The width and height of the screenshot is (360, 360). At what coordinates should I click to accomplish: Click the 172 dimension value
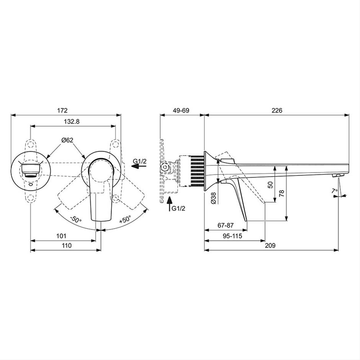62,110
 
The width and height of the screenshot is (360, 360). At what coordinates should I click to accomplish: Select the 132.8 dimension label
72,121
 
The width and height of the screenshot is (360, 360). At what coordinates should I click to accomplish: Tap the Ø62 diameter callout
67,140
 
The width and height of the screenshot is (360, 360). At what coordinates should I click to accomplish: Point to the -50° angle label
76,219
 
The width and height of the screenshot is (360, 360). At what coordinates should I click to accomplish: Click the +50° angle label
125,219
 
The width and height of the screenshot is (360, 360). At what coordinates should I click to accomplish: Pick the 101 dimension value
61,236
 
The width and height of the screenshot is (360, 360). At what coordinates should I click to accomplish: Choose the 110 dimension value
67,245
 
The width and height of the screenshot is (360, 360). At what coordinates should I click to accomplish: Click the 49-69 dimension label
181,110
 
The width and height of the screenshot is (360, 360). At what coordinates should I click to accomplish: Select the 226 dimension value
277,110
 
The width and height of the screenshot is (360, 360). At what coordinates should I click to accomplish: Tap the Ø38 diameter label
213,198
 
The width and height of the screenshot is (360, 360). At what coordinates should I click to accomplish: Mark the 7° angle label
335,191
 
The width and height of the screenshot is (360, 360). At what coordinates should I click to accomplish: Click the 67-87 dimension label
226,225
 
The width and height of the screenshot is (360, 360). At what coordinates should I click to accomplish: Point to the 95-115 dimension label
232,236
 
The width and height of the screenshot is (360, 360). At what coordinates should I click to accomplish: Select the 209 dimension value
270,245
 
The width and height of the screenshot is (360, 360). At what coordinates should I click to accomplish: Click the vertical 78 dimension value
282,193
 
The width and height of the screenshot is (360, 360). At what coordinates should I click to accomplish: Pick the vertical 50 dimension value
271,185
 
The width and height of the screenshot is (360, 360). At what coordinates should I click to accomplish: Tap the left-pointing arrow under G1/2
139,167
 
